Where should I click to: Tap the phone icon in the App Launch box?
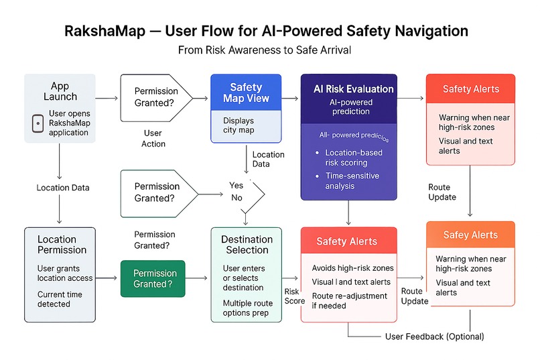pos(38,123)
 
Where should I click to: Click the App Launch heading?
pos(60,91)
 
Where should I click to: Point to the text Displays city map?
pos(239,125)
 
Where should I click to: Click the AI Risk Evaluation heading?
pos(353,89)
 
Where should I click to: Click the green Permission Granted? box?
pos(155,278)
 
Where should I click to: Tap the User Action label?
pos(153,138)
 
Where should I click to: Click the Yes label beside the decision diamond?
pos(236,185)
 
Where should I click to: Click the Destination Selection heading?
pos(248,244)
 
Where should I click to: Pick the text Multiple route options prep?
pos(247,308)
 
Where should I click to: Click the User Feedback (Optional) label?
pos(434,336)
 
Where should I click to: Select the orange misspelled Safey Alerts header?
pos(470,235)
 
